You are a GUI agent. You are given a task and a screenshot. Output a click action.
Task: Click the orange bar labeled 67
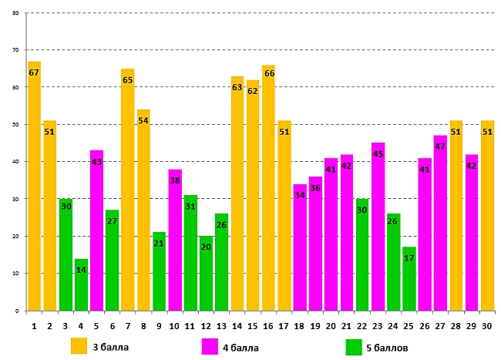point(34,193)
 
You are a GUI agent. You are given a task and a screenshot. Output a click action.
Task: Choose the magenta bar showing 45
point(378,231)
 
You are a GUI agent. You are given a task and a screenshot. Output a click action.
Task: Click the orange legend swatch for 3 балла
point(79,346)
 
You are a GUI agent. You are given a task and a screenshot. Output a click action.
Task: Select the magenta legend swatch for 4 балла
point(210,346)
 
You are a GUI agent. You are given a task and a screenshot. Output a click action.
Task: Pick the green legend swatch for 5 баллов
point(355,346)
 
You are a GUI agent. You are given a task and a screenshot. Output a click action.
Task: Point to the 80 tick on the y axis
point(15,13)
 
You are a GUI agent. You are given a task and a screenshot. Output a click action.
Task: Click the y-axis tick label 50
point(15,125)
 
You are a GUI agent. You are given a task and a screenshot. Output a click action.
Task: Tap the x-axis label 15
point(253,325)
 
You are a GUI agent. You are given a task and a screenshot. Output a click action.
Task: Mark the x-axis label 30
point(487,325)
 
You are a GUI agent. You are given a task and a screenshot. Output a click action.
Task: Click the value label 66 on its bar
point(269,73)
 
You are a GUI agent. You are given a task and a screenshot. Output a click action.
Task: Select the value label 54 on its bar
point(143,121)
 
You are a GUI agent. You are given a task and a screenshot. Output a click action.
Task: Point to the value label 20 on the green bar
point(206,247)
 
